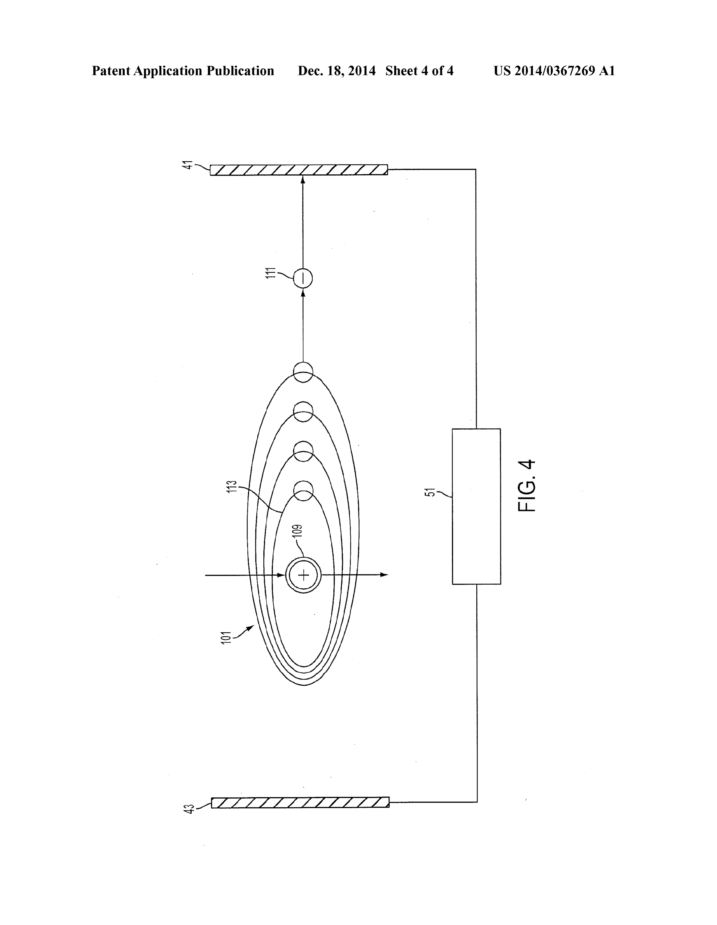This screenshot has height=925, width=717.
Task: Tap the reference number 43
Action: pyautogui.click(x=189, y=808)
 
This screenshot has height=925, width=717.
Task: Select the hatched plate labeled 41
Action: pyautogui.click(x=299, y=169)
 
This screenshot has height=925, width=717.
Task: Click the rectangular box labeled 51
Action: pyautogui.click(x=477, y=507)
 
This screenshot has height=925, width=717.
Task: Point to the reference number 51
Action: pyautogui.click(x=430, y=492)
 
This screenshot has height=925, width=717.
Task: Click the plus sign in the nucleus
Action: pyautogui.click(x=304, y=575)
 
